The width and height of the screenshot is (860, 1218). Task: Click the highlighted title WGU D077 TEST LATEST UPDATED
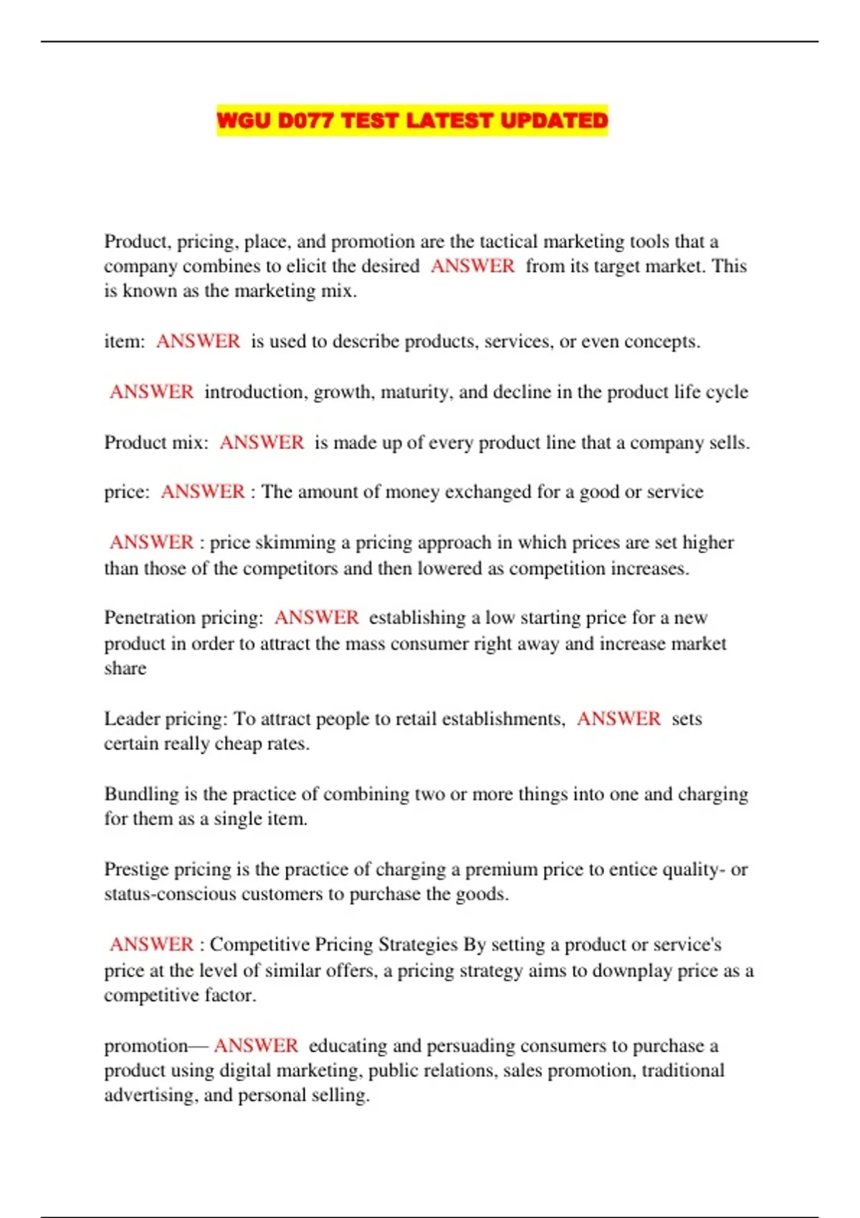click(x=412, y=120)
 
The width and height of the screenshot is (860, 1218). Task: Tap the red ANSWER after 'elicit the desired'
click(x=472, y=266)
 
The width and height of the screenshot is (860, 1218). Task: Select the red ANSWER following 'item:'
click(x=198, y=341)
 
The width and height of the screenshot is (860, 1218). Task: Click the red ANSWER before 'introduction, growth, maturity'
click(x=151, y=392)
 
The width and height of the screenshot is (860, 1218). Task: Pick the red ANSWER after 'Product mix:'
click(x=262, y=442)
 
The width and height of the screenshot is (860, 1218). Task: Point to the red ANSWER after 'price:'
click(x=203, y=491)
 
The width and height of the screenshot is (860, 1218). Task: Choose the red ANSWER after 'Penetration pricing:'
click(x=316, y=618)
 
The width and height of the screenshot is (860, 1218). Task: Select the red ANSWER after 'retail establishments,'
click(x=618, y=719)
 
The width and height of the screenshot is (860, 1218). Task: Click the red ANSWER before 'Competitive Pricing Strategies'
click(x=151, y=944)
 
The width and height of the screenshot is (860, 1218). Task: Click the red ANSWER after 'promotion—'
click(x=256, y=1045)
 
